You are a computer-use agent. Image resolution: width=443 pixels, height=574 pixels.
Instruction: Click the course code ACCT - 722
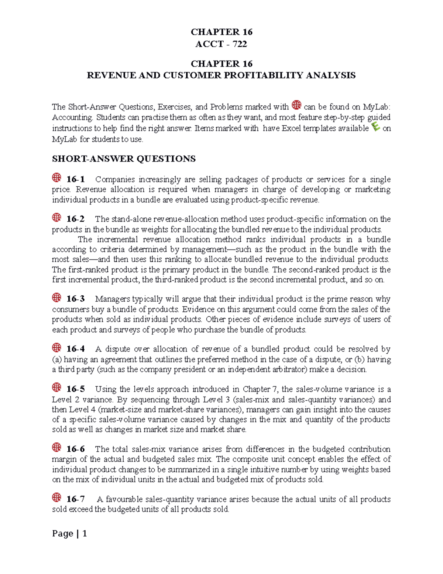221,44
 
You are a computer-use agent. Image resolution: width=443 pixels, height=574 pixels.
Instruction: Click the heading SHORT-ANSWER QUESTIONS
124,159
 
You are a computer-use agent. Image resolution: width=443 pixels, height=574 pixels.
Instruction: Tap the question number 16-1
75,179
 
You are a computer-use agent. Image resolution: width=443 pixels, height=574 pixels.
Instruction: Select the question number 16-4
75,349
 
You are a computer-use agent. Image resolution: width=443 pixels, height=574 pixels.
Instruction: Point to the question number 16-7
75,499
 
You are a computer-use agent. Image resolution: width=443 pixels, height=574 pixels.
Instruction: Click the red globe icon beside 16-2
56,217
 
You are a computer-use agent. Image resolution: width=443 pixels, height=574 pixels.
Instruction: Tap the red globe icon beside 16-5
56,387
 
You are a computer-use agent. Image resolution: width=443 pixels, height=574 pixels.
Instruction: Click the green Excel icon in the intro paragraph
375,127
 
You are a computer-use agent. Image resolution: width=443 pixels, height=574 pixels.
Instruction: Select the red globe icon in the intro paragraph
296,105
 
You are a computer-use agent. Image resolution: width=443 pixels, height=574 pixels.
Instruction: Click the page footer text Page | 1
69,533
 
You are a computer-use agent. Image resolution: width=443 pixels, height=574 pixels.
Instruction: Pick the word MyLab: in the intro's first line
377,107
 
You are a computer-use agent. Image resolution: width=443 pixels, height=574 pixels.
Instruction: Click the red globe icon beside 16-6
56,448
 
